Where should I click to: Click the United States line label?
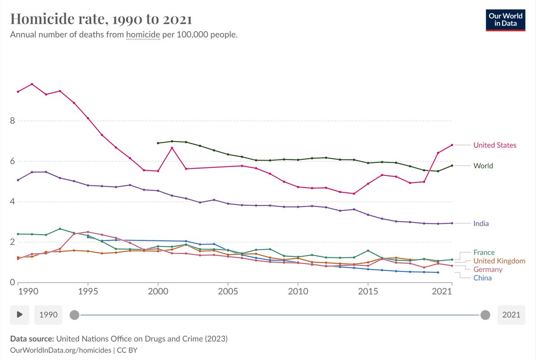tap(494, 145)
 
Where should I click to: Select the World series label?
tap(483, 166)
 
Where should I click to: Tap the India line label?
tap(481, 223)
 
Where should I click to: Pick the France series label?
tap(484, 252)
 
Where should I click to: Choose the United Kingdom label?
tap(499, 261)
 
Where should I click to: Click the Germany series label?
tap(488, 269)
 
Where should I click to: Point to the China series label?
tap(482, 278)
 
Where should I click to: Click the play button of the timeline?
tap(20, 314)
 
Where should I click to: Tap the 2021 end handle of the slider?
tap(485, 315)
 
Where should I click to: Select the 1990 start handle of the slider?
tap(75, 315)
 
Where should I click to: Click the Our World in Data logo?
tap(505, 20)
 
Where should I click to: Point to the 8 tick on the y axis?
tap(13, 121)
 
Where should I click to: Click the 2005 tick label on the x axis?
tap(228, 291)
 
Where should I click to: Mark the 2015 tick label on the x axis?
tap(368, 291)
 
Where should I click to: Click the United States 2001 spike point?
tap(172, 148)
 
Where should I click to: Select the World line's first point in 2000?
tap(158, 143)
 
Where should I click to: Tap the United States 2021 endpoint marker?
tap(452, 145)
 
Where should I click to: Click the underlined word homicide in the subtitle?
tap(143, 35)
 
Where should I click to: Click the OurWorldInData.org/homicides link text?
tap(61, 350)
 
